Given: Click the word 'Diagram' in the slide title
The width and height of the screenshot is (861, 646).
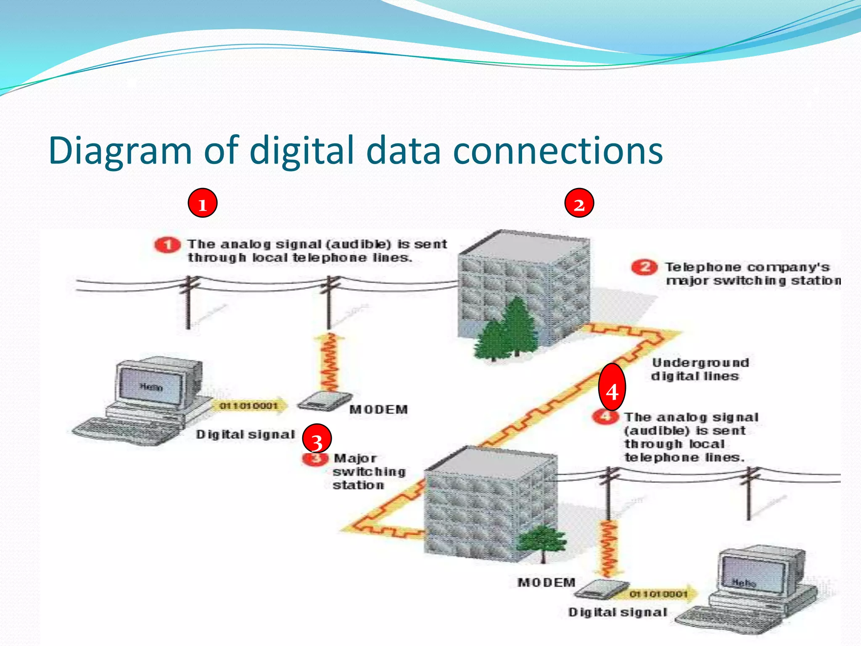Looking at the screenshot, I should coord(120,151).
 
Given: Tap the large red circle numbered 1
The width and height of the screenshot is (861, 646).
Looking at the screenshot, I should coord(202,203).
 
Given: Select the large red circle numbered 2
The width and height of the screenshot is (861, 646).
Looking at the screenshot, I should coord(579,203).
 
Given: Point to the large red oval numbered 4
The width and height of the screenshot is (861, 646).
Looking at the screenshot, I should coord(612,387).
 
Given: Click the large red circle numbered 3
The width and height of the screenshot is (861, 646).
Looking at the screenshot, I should coord(317,438).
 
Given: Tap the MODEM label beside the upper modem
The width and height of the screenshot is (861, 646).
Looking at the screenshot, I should coord(378,409).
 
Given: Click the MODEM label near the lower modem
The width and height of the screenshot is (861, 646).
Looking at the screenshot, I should coord(546,582).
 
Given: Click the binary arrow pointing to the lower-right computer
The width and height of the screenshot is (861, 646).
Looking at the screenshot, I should coord(660,593).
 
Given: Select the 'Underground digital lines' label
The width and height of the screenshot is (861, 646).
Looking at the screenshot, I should coord(700,369).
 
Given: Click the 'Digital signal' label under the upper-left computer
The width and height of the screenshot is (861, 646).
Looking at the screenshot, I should coord(245,434).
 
